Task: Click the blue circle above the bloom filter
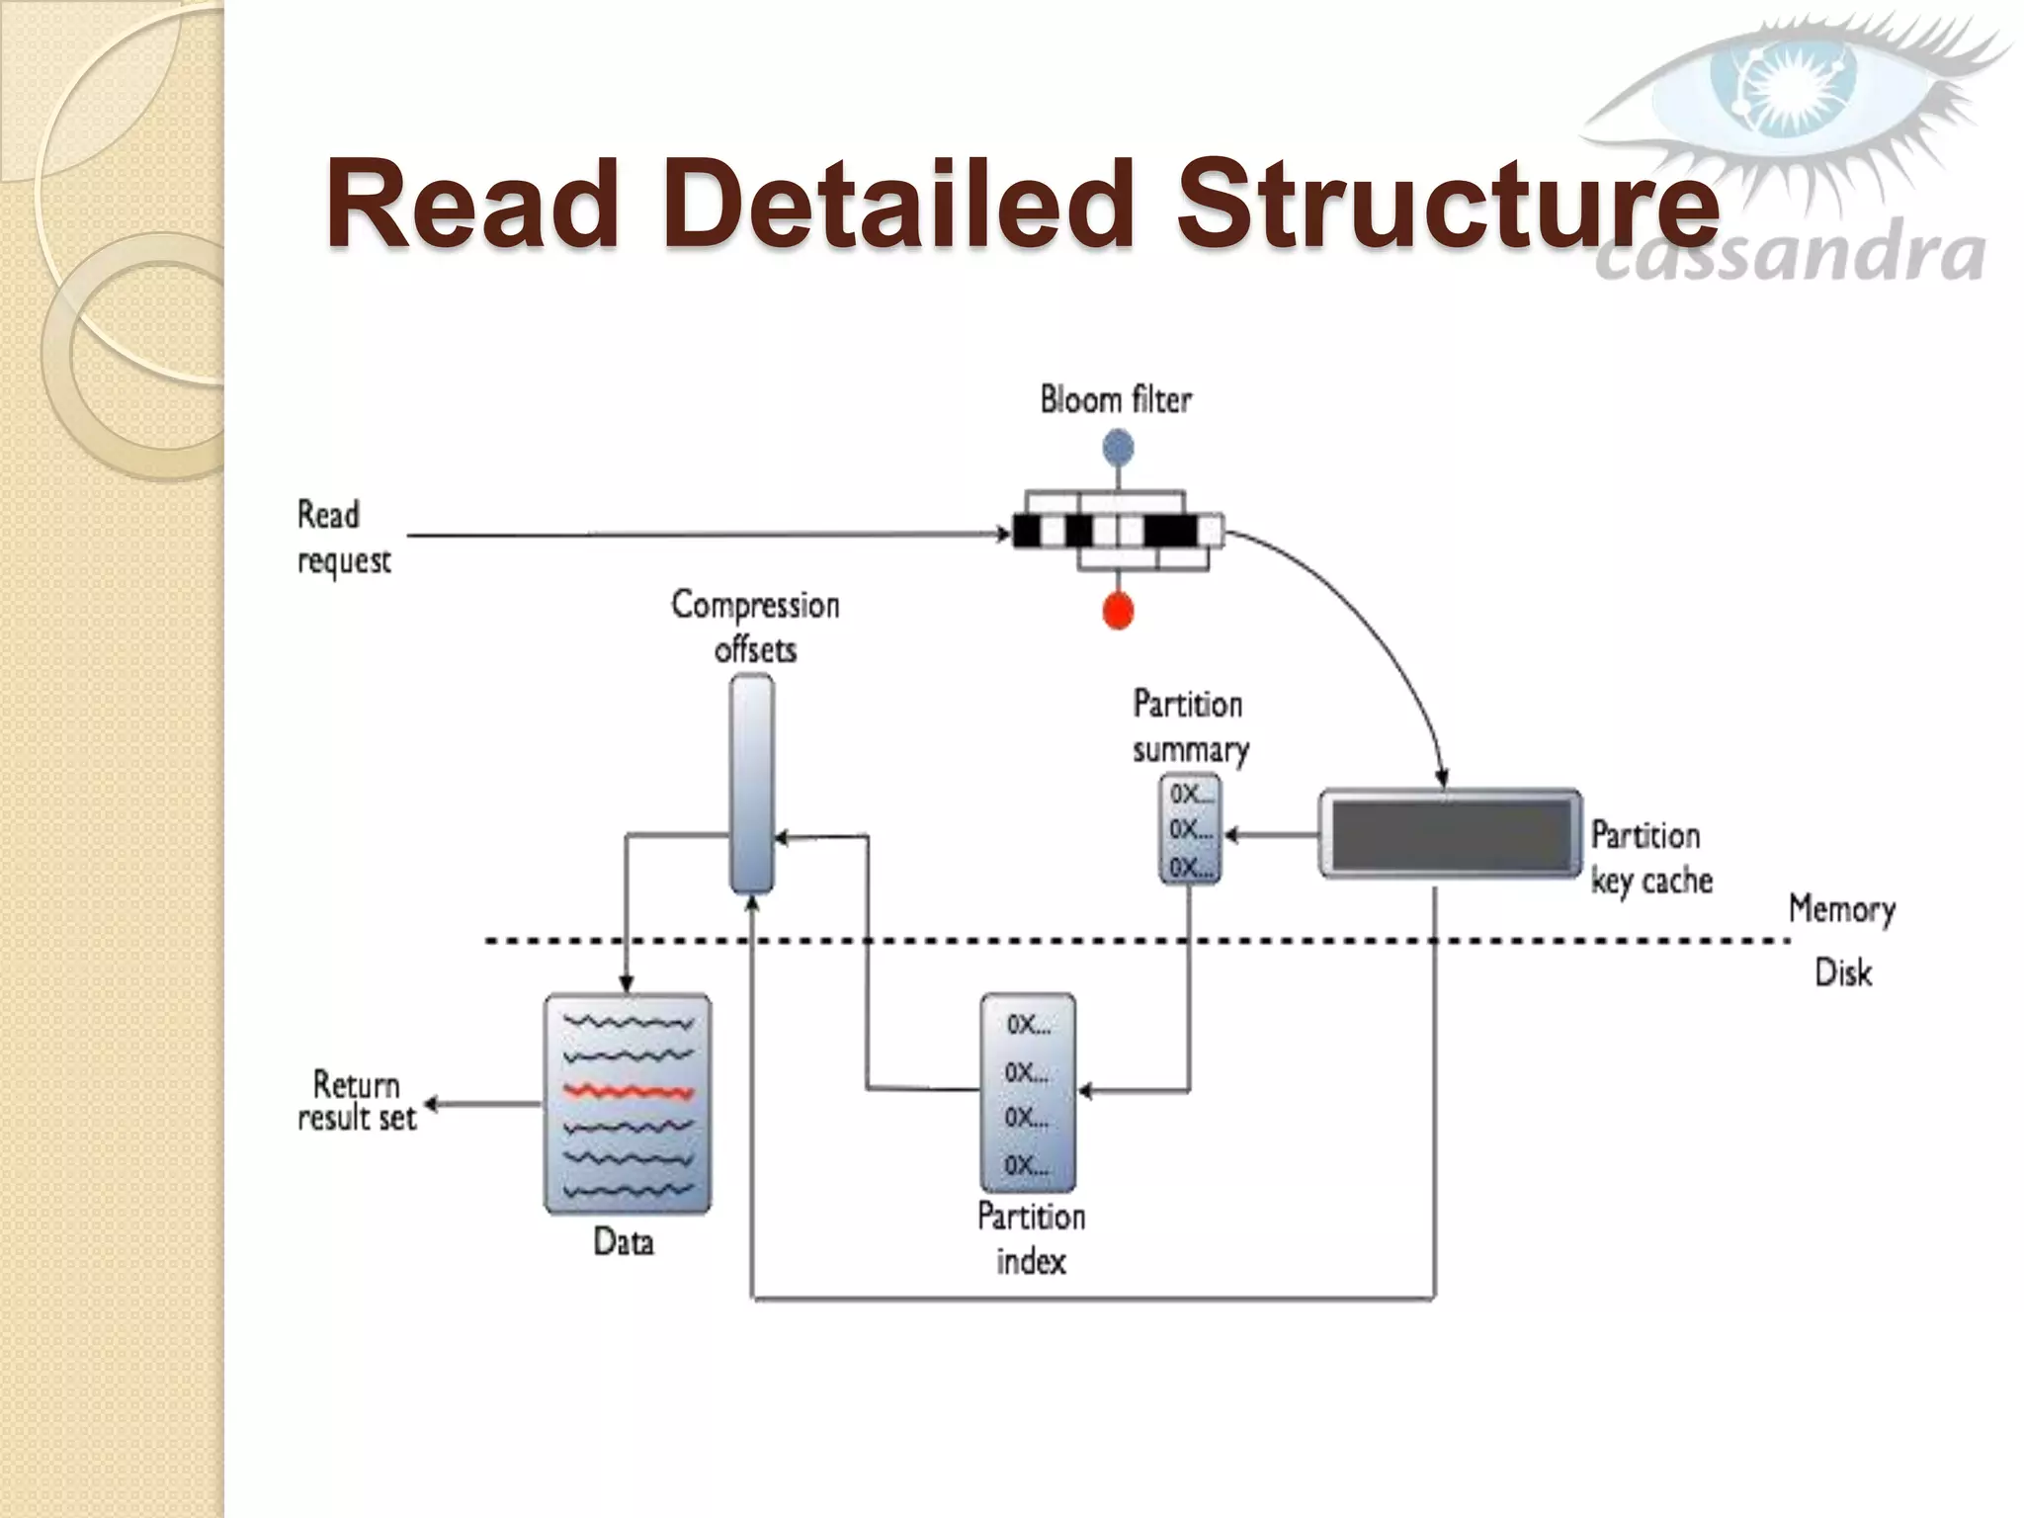point(1118,448)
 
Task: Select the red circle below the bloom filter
point(1118,610)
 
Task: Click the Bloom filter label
point(1116,400)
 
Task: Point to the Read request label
point(343,537)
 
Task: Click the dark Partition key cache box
point(1450,834)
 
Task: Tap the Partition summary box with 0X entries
point(1190,828)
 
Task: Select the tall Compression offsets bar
point(751,783)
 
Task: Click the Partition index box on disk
point(1028,1092)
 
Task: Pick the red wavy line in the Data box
point(629,1092)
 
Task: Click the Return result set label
point(357,1101)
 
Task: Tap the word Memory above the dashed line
point(1841,909)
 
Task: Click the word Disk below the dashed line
point(1843,973)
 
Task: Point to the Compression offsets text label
point(755,627)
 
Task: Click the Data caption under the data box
point(624,1242)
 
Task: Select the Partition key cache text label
point(1650,858)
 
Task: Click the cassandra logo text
point(1789,256)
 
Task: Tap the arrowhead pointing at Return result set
point(432,1104)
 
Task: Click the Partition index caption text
point(1031,1239)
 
